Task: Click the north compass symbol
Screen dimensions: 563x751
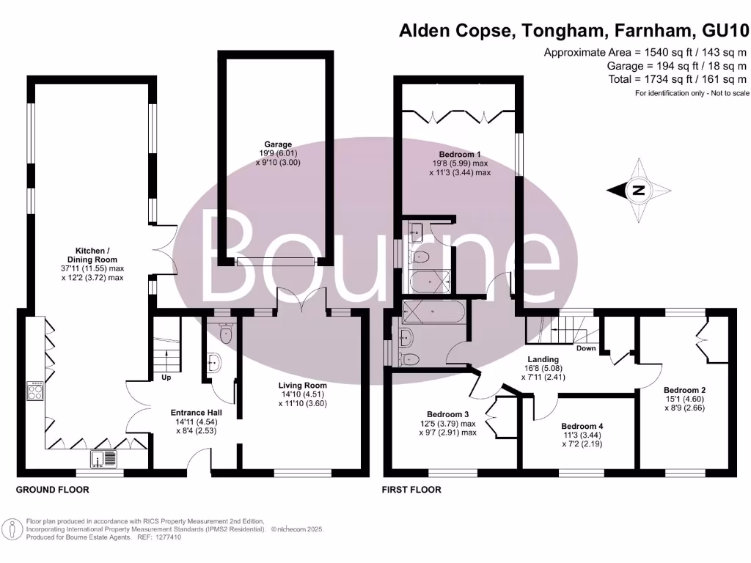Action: (638, 190)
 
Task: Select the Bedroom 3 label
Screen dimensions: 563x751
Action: (450, 423)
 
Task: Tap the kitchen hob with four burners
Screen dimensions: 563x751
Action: (35, 391)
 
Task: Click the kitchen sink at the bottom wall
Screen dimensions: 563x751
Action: (103, 460)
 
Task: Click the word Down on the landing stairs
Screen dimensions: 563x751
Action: (586, 348)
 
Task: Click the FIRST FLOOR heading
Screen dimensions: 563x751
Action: (412, 489)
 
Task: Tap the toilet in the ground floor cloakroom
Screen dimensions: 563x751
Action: (225, 334)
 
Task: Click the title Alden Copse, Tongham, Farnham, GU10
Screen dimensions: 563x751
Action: (574, 31)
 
